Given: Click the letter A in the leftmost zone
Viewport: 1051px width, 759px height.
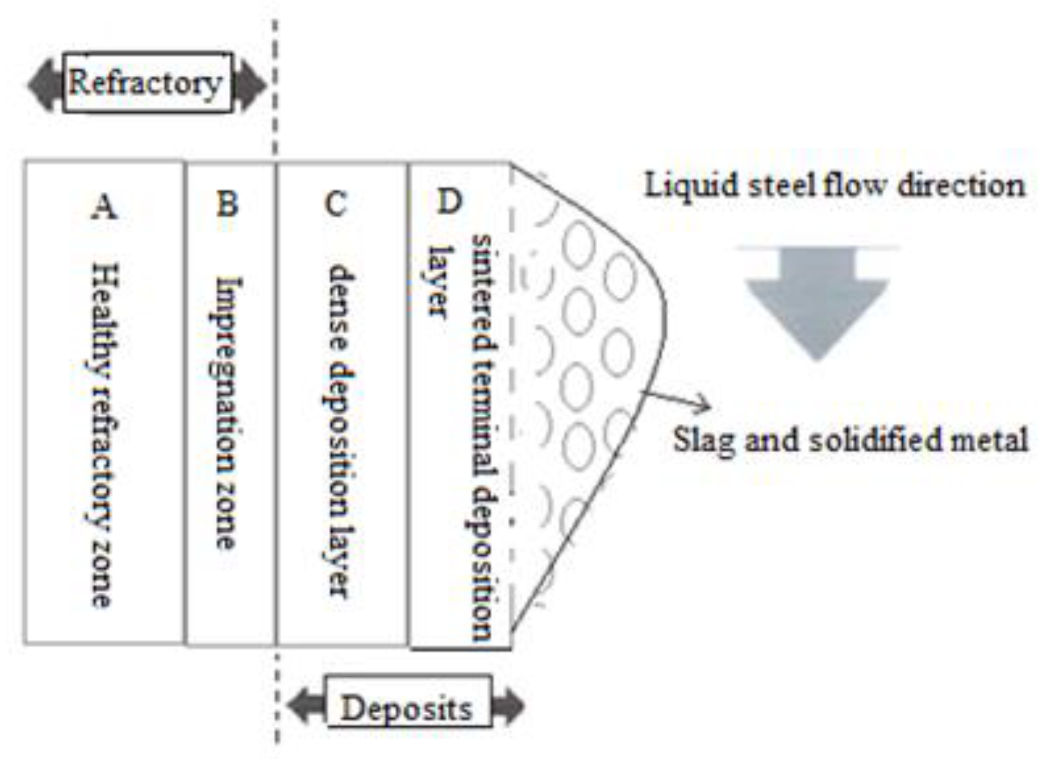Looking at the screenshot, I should (x=105, y=206).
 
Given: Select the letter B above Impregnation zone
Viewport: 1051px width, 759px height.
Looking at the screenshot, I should (x=228, y=203).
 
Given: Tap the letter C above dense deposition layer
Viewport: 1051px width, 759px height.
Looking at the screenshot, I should (x=335, y=203).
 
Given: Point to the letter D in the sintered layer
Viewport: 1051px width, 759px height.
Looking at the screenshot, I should (x=449, y=201).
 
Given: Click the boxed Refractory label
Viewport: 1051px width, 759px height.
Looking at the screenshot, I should (x=146, y=83).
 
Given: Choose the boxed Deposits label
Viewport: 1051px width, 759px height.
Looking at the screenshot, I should (x=407, y=708).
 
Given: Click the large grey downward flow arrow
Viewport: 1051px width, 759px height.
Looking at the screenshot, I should (x=816, y=302).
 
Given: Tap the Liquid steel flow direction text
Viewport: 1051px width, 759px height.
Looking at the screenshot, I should (x=834, y=186).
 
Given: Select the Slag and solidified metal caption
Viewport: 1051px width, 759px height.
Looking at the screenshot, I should (x=850, y=440).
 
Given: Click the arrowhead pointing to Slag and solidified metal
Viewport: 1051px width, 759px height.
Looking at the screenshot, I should (x=705, y=403).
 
